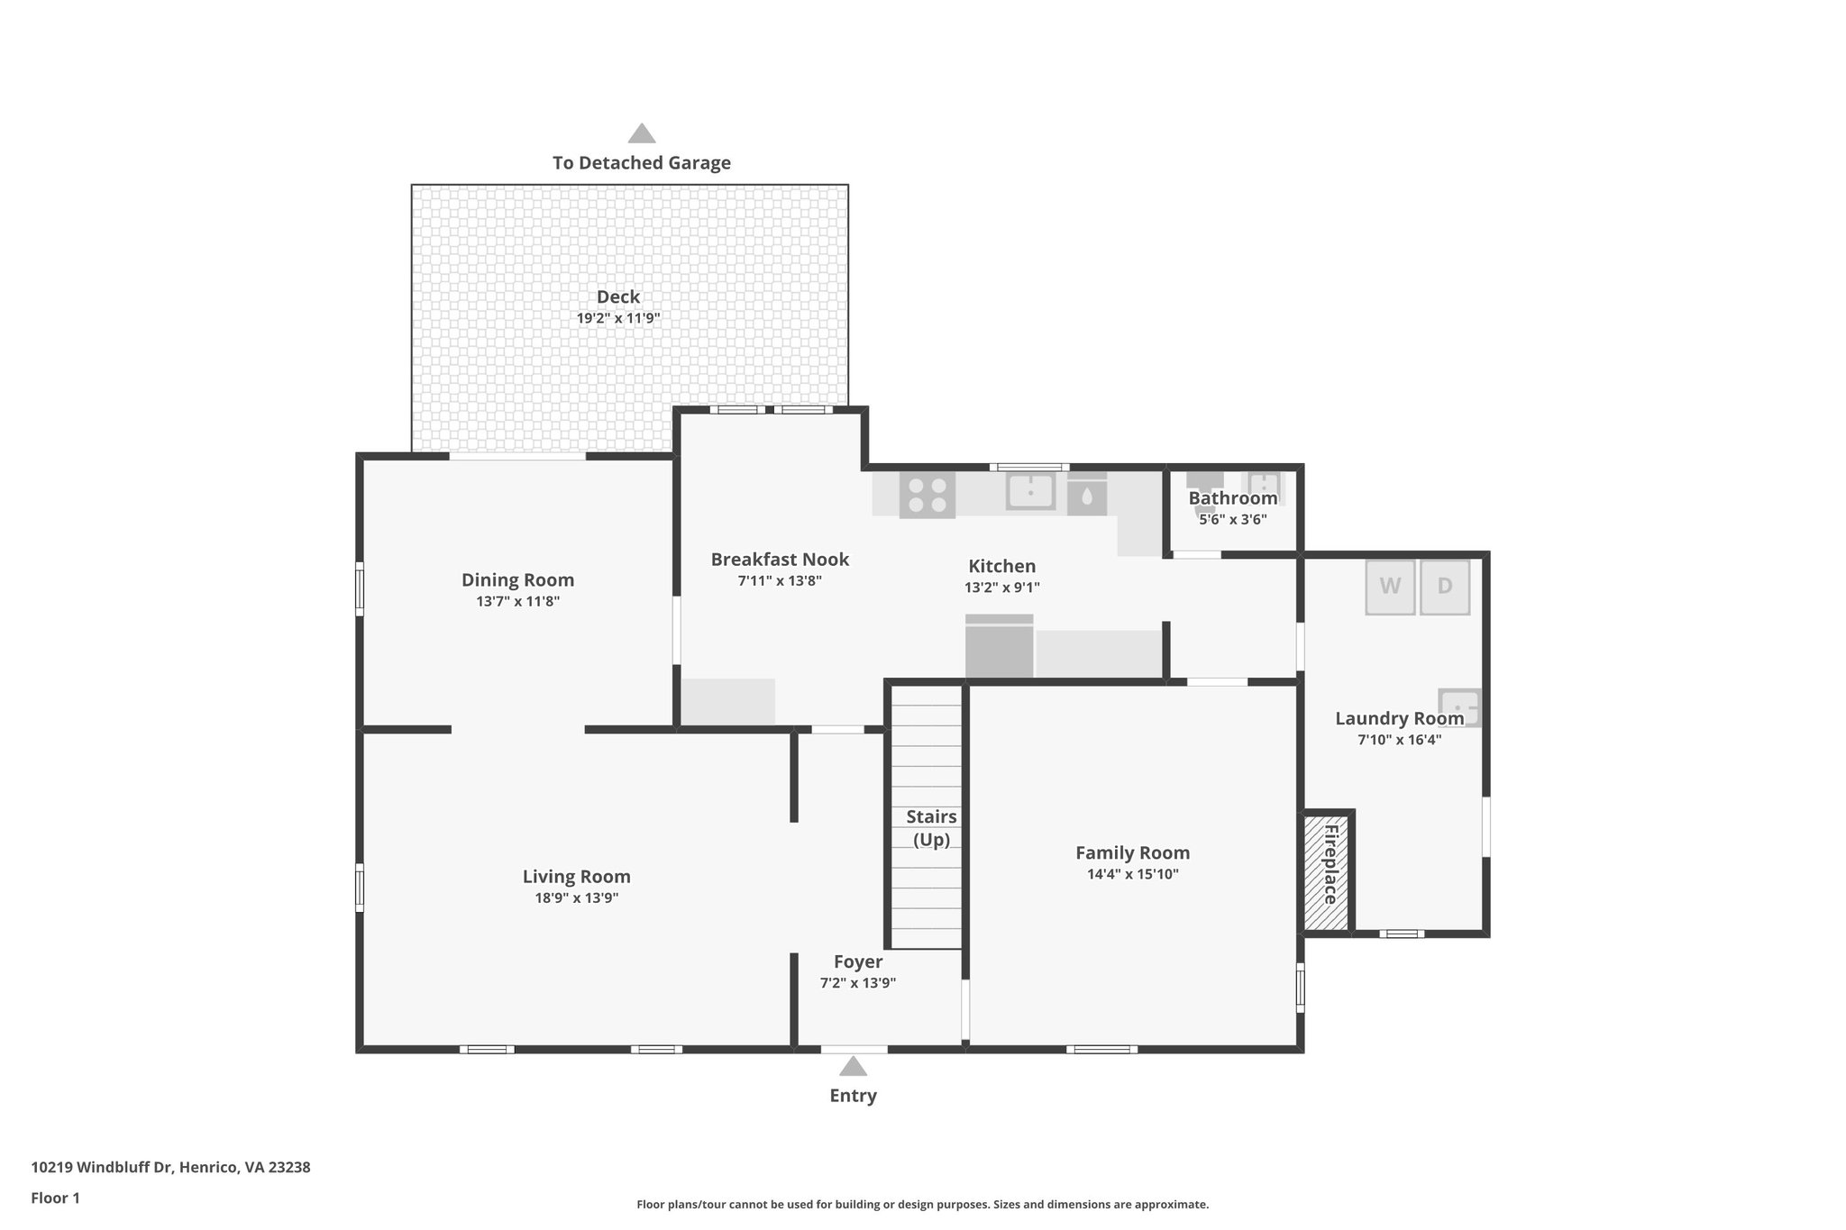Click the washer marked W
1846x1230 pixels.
(x=1389, y=587)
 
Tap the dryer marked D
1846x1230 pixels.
(x=1444, y=587)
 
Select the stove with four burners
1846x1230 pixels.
(x=927, y=496)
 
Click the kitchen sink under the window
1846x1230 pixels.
(x=1030, y=493)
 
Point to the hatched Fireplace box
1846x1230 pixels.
(x=1327, y=872)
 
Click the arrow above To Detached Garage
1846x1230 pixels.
(x=641, y=134)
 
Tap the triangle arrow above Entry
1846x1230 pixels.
(x=853, y=1067)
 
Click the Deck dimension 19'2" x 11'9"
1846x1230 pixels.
(x=618, y=318)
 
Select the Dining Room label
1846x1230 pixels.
(x=517, y=580)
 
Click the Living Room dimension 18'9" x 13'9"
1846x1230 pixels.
(x=576, y=898)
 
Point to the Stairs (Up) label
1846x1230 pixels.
(x=931, y=828)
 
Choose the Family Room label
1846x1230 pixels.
(x=1132, y=852)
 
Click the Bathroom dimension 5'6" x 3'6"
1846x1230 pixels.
(x=1232, y=520)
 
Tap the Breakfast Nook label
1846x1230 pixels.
(x=780, y=560)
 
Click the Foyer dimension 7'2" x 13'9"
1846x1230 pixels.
(x=857, y=983)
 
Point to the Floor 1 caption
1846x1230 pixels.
(x=55, y=1198)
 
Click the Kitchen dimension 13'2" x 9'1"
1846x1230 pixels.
(x=1001, y=588)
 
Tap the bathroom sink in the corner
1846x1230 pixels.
(x=1264, y=487)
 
